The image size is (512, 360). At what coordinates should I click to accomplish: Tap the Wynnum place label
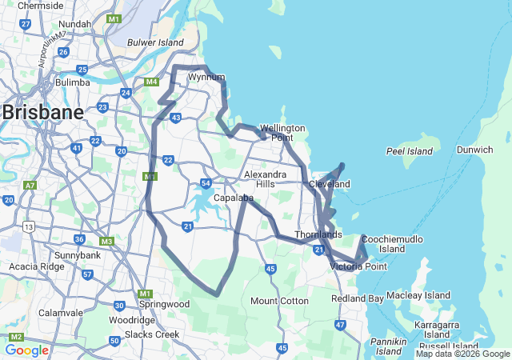[x=206, y=78]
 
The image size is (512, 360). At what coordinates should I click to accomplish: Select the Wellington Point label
[x=282, y=133]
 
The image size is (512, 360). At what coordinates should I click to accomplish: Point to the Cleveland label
[x=330, y=184]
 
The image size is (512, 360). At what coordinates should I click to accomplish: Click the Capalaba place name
[x=234, y=198]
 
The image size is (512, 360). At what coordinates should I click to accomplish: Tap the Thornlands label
[x=318, y=234]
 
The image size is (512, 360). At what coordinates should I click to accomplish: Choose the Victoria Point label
[x=358, y=266]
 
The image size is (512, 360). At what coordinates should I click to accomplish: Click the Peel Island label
[x=409, y=150]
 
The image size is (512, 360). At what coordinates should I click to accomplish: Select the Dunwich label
[x=475, y=150]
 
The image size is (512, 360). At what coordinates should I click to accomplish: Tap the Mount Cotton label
[x=279, y=301]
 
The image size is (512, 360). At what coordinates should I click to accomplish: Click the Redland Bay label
[x=357, y=298]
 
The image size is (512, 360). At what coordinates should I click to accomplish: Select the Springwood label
[x=164, y=305]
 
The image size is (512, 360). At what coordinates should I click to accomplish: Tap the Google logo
[x=26, y=350]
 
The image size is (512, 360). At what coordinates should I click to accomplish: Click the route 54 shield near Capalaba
[x=206, y=184]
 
